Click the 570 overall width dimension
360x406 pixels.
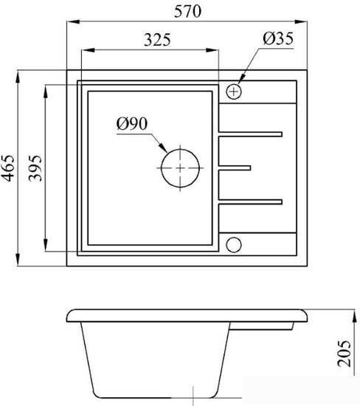coord(187,12)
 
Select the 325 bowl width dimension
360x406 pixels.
coord(157,40)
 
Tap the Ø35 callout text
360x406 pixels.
coord(278,38)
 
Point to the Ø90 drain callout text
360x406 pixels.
coord(132,123)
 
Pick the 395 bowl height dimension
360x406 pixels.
coord(35,168)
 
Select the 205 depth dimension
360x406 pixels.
coord(345,353)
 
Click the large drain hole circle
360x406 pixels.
coord(161,168)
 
